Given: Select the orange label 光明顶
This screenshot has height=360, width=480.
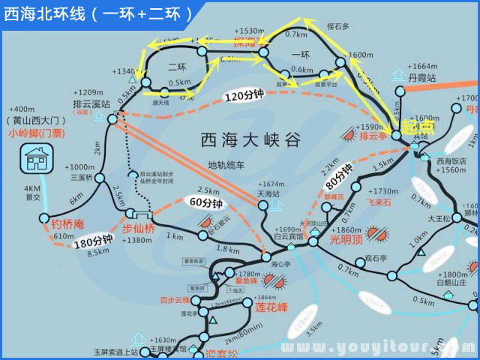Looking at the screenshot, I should coord(346,240).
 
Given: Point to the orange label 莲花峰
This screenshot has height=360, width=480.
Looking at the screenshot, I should coord(271,307).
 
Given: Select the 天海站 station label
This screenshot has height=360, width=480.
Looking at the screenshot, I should coord(268,193).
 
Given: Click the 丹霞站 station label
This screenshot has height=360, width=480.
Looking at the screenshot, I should coord(421,77).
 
